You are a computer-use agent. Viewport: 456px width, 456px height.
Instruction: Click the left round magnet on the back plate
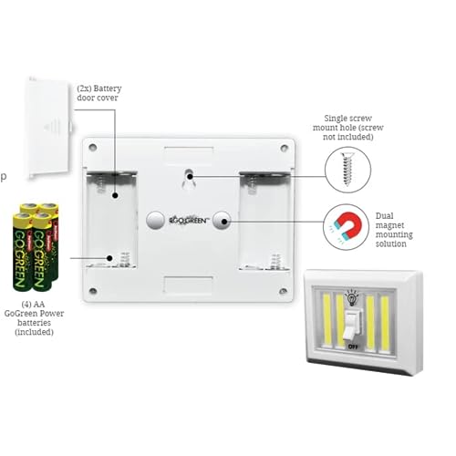click(155, 221)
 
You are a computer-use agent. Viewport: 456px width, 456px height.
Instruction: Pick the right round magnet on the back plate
click(222, 221)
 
